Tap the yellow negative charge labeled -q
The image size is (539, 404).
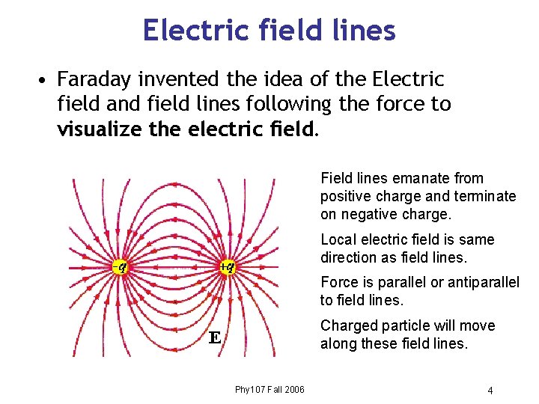click(x=118, y=266)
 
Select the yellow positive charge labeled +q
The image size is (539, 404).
click(x=227, y=266)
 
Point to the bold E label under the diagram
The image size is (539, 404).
click(x=213, y=338)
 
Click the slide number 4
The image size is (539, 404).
click(x=490, y=391)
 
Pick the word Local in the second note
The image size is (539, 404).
click(x=338, y=239)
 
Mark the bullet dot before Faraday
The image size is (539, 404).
click(x=46, y=80)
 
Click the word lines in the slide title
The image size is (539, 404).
click(x=366, y=30)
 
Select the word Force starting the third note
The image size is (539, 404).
click(x=339, y=283)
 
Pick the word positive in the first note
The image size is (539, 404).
click(x=345, y=196)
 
